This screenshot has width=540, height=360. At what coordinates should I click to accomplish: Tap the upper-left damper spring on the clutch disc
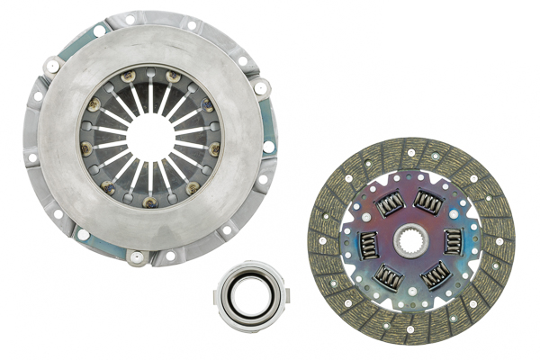pyautogui.click(x=389, y=204)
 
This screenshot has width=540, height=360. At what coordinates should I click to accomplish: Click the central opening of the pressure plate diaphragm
pyautogui.click(x=150, y=138)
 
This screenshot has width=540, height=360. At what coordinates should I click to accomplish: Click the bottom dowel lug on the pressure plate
pyautogui.click(x=137, y=259)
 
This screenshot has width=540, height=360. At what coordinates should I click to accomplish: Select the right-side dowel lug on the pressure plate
pyautogui.click(x=261, y=87)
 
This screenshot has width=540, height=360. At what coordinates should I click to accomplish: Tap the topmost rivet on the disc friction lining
pyautogui.click(x=410, y=152)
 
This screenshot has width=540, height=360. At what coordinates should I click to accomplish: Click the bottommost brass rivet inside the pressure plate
pyautogui.click(x=150, y=202)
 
